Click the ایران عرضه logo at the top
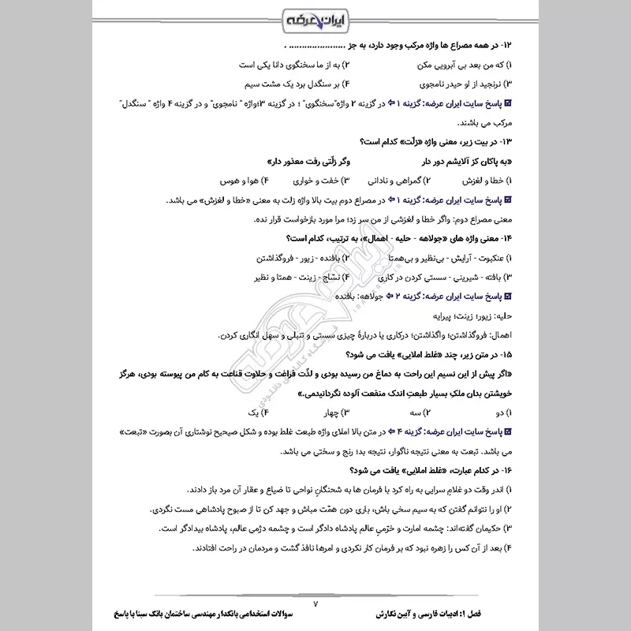(315, 18)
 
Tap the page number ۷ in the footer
(315, 603)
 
